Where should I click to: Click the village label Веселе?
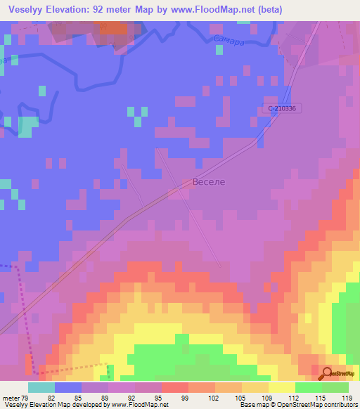click(209, 182)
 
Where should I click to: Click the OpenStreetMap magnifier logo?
click(327, 375)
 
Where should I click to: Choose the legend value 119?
click(346, 398)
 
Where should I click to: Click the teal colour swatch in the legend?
click(41, 387)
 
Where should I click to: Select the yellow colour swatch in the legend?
click(281, 387)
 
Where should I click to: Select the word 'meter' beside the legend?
click(10, 398)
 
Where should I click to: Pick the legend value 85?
click(79, 398)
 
